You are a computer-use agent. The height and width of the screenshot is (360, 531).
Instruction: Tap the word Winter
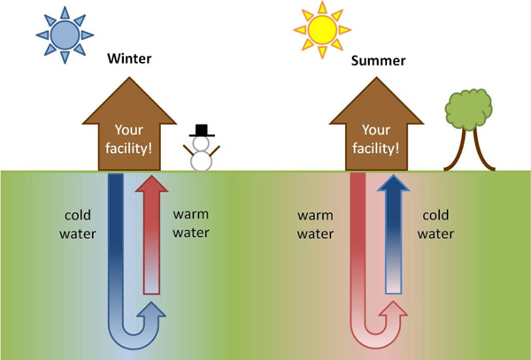[130, 60]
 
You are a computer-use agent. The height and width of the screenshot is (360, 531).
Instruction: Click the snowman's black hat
[202, 131]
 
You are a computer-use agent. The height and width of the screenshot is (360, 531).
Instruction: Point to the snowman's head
[202, 144]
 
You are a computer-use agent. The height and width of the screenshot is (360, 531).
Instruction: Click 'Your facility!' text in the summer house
[376, 141]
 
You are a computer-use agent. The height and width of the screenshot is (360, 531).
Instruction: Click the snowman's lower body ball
[202, 162]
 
